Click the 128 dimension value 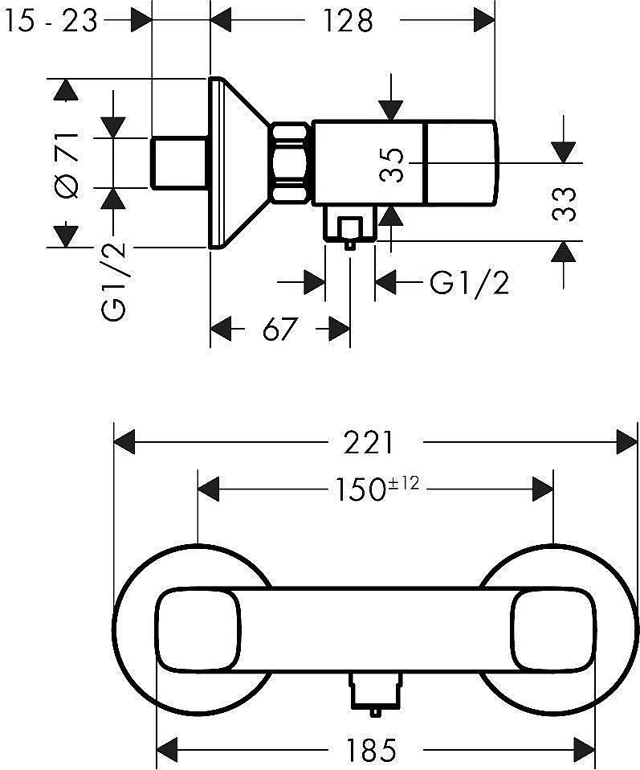pyautogui.click(x=348, y=22)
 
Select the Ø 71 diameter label pyautogui.click(x=67, y=165)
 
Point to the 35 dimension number pyautogui.click(x=392, y=165)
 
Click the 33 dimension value pyautogui.click(x=564, y=204)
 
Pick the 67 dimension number pyautogui.click(x=280, y=329)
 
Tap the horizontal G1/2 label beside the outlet pyautogui.click(x=469, y=283)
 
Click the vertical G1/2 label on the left pyautogui.click(x=114, y=281)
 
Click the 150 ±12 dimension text pyautogui.click(x=377, y=489)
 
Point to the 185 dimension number pyautogui.click(x=371, y=750)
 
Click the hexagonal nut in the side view pyautogui.click(x=291, y=162)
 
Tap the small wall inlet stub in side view pyautogui.click(x=178, y=163)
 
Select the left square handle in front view pyautogui.click(x=198, y=631)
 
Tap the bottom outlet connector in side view pyautogui.click(x=349, y=227)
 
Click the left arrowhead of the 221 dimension pyautogui.click(x=124, y=442)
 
